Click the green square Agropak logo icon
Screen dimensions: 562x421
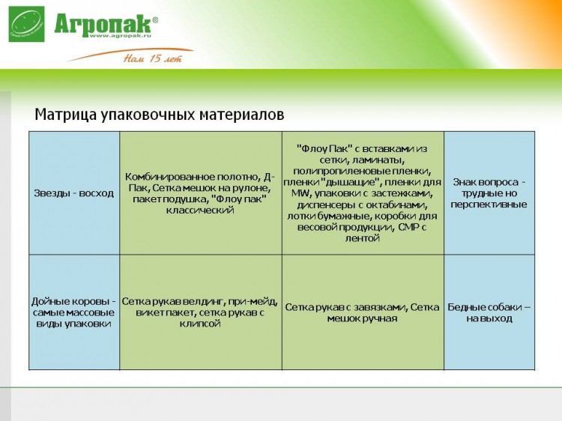coord(26,24)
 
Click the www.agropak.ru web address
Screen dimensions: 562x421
coord(120,35)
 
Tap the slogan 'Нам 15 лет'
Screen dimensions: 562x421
coord(153,58)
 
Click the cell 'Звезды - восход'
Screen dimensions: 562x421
coord(74,193)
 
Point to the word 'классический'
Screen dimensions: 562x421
coord(200,210)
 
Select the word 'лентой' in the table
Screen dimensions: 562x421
coord(362,238)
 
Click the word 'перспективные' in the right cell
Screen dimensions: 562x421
coord(489,205)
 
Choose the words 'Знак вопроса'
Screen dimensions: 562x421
coord(486,182)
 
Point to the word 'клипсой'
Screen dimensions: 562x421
coord(199,324)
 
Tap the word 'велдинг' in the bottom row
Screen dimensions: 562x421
coord(205,302)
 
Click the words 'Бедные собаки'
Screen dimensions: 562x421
coord(485,307)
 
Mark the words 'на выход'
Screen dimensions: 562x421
coord(489,318)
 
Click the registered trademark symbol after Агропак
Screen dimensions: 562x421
coord(155,20)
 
